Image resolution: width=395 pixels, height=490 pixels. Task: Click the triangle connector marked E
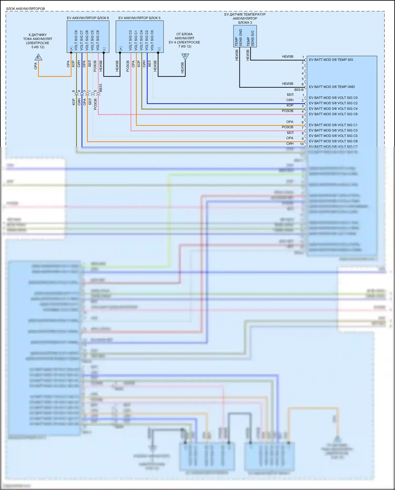pos(38,57)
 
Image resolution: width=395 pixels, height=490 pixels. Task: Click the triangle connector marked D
pos(185,56)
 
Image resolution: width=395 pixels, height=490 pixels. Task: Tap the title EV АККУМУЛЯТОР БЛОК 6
pos(88,18)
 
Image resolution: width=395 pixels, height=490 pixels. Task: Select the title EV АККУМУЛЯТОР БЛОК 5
pos(139,18)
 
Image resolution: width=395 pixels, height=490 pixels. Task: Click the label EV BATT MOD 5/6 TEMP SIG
pos(331,60)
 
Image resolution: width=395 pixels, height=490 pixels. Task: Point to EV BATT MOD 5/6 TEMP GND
pos(332,87)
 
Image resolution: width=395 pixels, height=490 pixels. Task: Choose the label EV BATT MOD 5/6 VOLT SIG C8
pos(333,114)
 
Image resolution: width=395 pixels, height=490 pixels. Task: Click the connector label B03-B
pos(299,90)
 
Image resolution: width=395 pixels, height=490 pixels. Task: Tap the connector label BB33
pos(101,88)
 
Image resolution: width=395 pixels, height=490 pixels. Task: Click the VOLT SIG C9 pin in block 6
pos(76,40)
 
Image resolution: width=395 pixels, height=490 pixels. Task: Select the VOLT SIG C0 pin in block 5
pos(152,40)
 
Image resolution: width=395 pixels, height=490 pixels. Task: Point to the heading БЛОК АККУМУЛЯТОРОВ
pos(26,9)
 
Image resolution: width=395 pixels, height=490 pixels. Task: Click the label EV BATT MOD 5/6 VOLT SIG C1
pos(333,125)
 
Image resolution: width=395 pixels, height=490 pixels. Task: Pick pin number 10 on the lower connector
pos(302,144)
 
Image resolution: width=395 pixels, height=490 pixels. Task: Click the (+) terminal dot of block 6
pos(71,53)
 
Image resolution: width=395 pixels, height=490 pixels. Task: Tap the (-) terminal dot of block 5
pos(158,53)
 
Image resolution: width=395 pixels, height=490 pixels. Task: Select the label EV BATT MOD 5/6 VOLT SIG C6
pos(333,141)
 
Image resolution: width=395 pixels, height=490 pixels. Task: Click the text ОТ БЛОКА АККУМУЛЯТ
pos(184,36)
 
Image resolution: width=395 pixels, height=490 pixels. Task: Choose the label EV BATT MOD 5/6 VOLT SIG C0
pos(333,98)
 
